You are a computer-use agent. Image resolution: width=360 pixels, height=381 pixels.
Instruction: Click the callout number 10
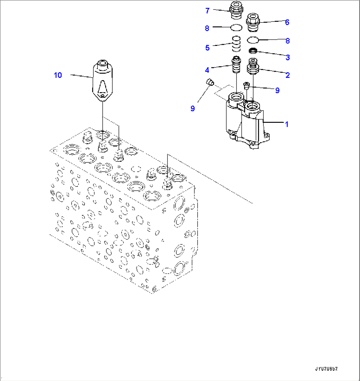(58, 75)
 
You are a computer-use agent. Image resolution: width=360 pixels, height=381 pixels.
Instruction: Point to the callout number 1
(287, 124)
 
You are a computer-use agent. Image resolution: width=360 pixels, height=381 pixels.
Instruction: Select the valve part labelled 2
(253, 67)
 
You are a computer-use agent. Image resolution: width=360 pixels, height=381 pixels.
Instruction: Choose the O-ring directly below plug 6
(253, 40)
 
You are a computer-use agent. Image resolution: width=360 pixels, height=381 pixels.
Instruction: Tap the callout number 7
(207, 11)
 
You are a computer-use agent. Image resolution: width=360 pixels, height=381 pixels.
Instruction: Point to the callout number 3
(288, 57)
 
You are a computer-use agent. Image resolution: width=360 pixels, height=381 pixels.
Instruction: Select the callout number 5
(207, 48)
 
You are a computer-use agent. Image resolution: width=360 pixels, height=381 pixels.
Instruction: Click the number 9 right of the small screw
(277, 90)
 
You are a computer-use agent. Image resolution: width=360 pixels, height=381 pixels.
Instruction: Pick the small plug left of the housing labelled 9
(209, 82)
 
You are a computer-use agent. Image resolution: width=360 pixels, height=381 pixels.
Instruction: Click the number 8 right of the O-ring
(288, 41)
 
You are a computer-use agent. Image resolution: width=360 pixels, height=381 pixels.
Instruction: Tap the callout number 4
(207, 70)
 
